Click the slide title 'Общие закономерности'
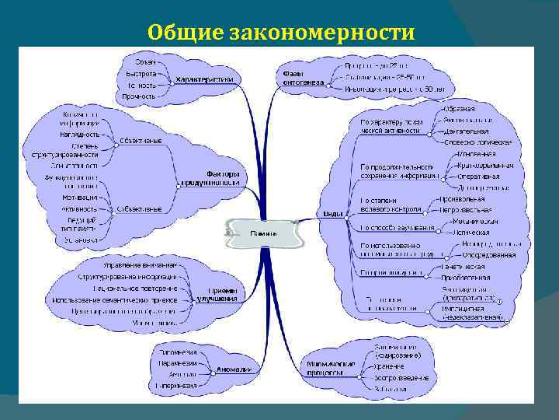click(x=281, y=31)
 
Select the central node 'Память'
click(x=260, y=232)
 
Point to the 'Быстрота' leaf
click(x=141, y=73)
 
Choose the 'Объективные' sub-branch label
click(x=141, y=141)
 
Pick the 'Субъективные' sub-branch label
click(x=140, y=208)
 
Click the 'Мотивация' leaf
click(x=80, y=198)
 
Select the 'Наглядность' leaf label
click(x=79, y=134)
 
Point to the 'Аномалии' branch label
click(x=234, y=369)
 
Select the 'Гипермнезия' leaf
click(x=176, y=385)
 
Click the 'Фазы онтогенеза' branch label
click(x=298, y=78)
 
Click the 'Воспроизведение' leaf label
click(x=401, y=377)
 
